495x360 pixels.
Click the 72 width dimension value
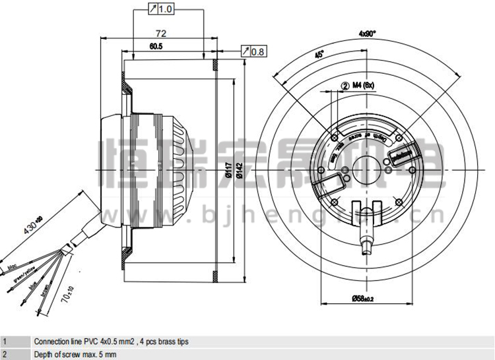coord(160,33)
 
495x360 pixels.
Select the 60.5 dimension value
coord(156,46)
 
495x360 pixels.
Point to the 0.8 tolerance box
coord(253,51)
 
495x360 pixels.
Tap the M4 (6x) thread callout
coord(363,84)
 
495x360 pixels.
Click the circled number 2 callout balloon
coord(345,85)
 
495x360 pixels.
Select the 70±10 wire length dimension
coord(67,297)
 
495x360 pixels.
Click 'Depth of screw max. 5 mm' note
coord(72,354)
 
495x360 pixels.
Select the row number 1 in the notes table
coord(5,342)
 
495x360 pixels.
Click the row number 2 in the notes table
coord(5,354)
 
